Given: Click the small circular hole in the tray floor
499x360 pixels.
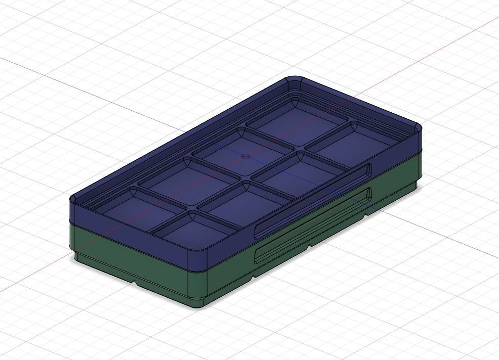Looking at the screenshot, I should click(x=245, y=156).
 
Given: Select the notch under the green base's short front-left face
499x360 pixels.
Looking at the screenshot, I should click(x=134, y=281).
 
